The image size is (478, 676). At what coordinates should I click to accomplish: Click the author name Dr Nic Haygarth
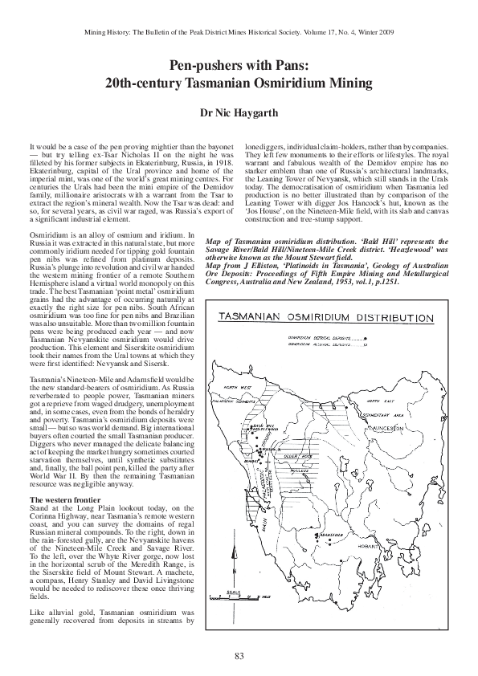coord(239,114)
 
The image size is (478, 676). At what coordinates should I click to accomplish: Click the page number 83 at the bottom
coord(239,656)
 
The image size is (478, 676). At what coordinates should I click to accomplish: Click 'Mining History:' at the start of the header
coord(111,33)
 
